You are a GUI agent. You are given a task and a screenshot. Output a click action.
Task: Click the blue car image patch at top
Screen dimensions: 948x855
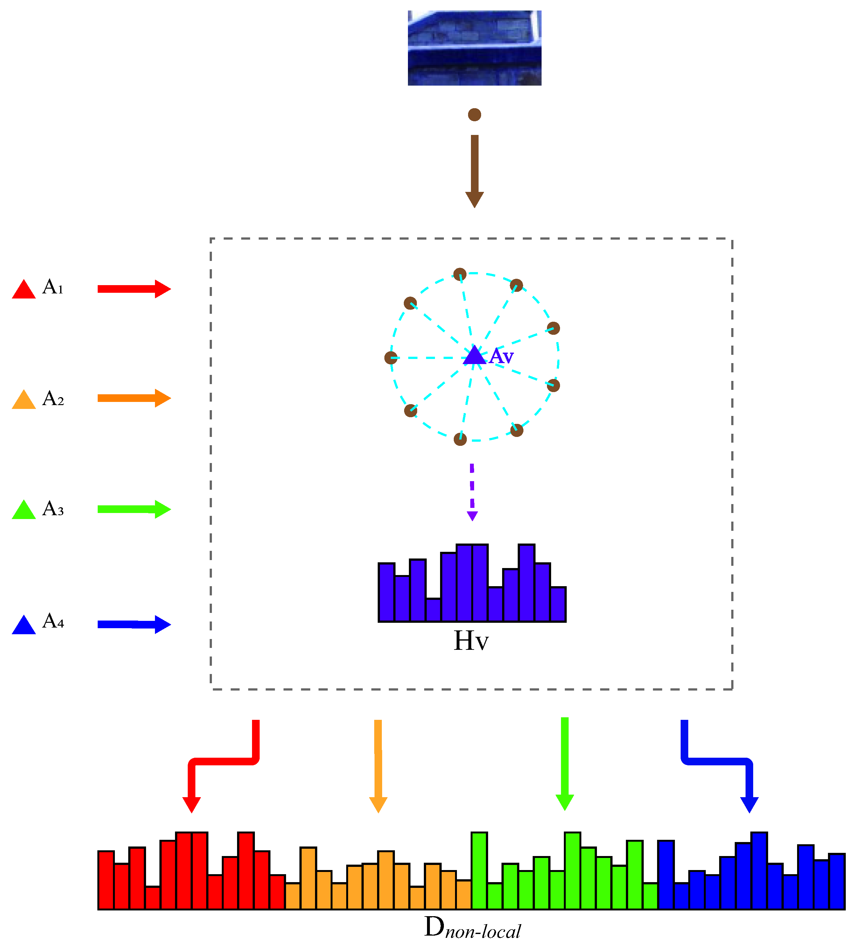[x=474, y=48]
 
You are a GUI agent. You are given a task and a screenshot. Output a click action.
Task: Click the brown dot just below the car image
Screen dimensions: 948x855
[x=474, y=115]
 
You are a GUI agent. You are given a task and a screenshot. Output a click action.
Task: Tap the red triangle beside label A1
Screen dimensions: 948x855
[x=24, y=290]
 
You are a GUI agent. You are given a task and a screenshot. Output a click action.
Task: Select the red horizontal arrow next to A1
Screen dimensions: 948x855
[x=134, y=289]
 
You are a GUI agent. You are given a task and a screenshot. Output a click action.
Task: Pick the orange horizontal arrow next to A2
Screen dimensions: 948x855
[x=134, y=398]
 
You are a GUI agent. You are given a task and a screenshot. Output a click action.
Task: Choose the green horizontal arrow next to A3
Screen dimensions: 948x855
[x=134, y=509]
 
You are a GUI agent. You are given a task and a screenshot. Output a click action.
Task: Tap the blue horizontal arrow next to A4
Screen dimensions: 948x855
[x=134, y=625]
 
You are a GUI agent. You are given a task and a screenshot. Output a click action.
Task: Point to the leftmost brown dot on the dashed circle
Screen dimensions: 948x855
[x=391, y=358]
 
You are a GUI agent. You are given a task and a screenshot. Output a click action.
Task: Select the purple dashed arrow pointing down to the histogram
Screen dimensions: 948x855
[x=472, y=491]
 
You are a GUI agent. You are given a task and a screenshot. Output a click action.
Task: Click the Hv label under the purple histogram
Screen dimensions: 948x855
[x=471, y=641]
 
